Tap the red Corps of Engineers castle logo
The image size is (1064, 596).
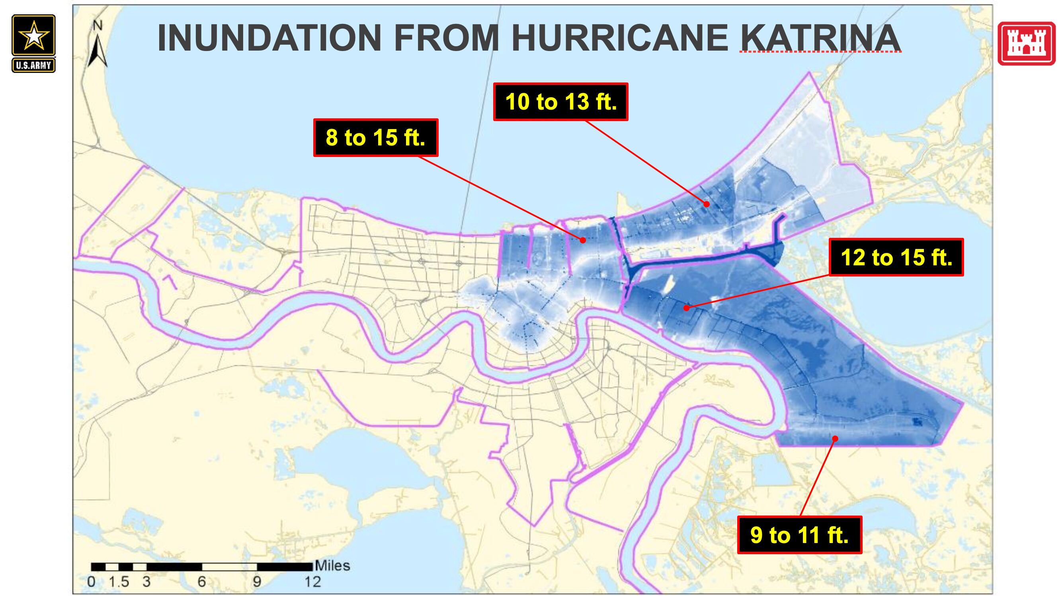click(x=1026, y=43)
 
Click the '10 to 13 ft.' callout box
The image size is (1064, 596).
click(x=560, y=102)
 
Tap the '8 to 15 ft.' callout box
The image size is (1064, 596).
click(x=375, y=137)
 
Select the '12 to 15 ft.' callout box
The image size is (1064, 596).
click(x=896, y=257)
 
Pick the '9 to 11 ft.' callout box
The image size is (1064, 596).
click(x=799, y=535)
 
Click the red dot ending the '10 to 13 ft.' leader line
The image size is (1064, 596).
click(x=707, y=204)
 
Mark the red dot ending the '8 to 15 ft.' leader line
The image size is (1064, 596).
click(x=583, y=240)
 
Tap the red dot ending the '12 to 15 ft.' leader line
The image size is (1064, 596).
click(x=686, y=308)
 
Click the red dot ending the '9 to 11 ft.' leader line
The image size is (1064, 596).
click(x=835, y=439)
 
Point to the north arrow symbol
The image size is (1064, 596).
click(x=98, y=52)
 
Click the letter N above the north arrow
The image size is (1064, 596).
click(x=98, y=25)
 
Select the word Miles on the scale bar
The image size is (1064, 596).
click(x=332, y=565)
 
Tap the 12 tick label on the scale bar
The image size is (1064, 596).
click(x=313, y=582)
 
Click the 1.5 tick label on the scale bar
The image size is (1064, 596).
click(x=119, y=582)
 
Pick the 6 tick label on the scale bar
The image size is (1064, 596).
click(x=201, y=582)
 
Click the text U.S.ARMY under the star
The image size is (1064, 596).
click(x=33, y=65)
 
